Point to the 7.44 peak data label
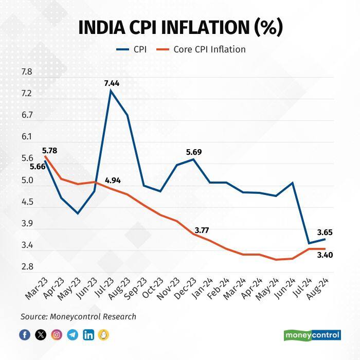point(111,82)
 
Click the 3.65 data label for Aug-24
point(325,232)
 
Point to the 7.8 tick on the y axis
point(26,72)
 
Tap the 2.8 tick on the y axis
point(26,267)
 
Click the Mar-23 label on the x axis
point(35,289)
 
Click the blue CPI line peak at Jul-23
point(111,91)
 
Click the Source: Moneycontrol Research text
point(78,317)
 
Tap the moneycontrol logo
point(312,335)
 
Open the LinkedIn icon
point(88,335)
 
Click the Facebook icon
point(25,335)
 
